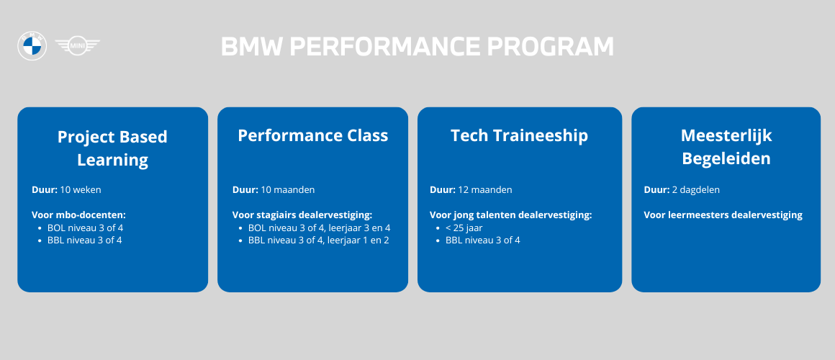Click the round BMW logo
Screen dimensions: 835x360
pyautogui.click(x=32, y=46)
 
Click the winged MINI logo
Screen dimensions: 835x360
pyautogui.click(x=77, y=46)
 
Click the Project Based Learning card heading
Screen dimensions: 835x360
pyautogui.click(x=112, y=148)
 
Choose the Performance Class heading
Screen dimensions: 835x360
pyautogui.click(x=312, y=135)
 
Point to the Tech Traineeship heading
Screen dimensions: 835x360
pyautogui.click(x=519, y=135)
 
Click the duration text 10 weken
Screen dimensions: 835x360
pyautogui.click(x=81, y=189)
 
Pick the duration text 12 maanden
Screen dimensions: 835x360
pyautogui.click(x=485, y=189)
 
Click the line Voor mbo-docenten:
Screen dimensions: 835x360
pyautogui.click(x=78, y=215)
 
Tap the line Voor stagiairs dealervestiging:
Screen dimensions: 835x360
pyautogui.click(x=302, y=215)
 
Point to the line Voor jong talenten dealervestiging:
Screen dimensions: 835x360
pyautogui.click(x=510, y=215)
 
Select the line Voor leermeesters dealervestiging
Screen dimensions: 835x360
pyautogui.click(x=723, y=215)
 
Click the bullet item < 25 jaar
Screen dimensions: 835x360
pyautogui.click(x=464, y=228)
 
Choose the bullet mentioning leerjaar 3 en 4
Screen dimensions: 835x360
pyautogui.click(x=319, y=228)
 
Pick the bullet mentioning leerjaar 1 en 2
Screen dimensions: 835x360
pyautogui.click(x=318, y=240)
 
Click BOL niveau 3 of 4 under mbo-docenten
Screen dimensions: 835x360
pyautogui.click(x=85, y=228)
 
